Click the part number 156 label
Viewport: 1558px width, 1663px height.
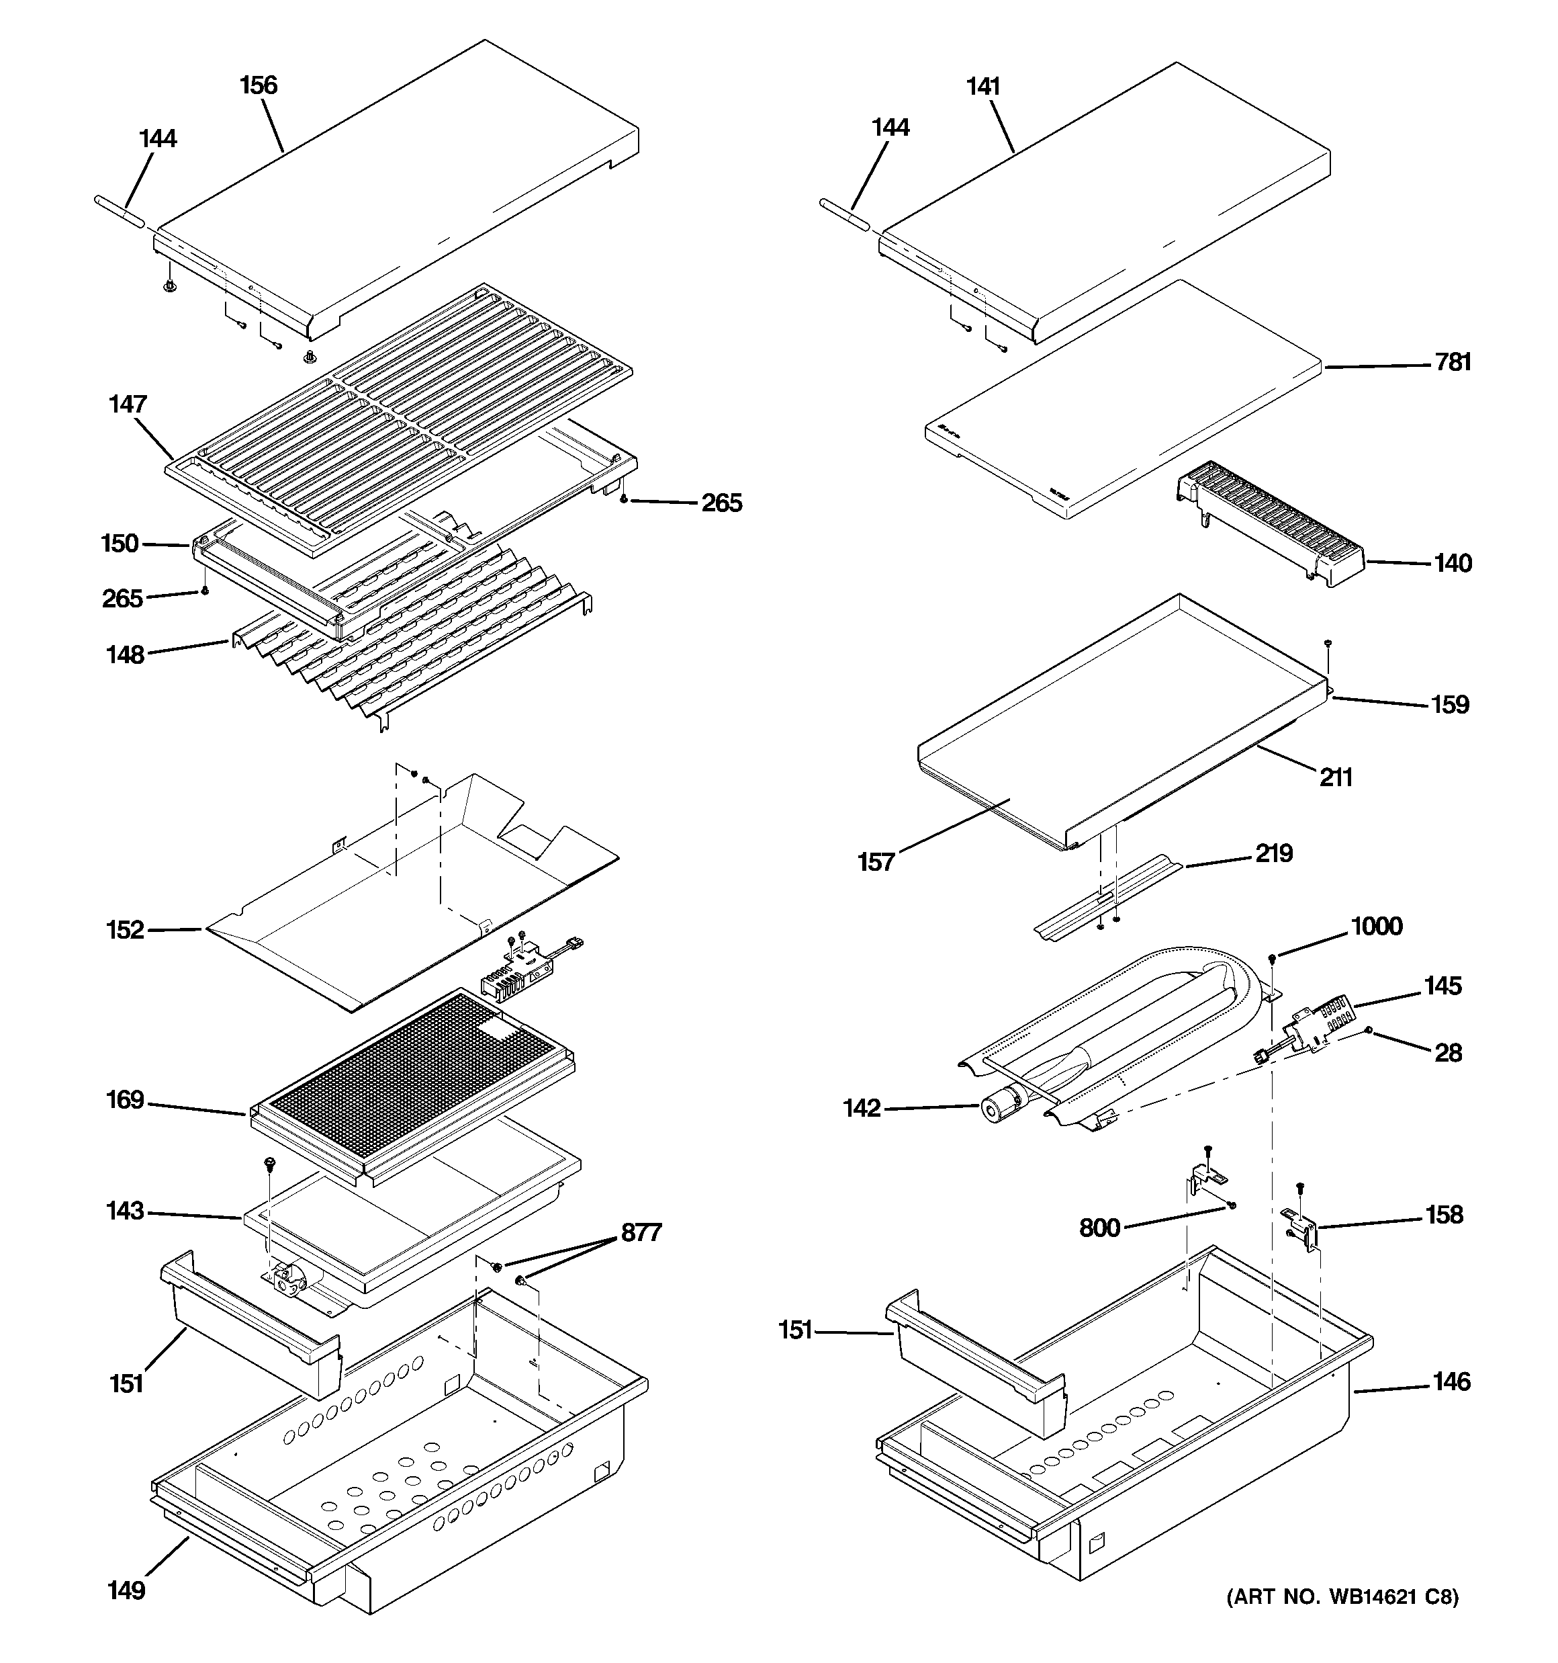point(259,85)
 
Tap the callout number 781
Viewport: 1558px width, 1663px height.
point(1453,362)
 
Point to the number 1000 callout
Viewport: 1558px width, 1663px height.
point(1377,926)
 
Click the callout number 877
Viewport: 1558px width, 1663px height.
point(641,1232)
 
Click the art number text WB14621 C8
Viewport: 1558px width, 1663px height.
point(1342,1621)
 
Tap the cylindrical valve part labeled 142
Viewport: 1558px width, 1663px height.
point(995,1109)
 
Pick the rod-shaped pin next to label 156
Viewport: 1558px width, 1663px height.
point(123,208)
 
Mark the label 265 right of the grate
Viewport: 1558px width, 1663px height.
point(721,503)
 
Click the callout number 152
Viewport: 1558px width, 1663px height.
point(126,929)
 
